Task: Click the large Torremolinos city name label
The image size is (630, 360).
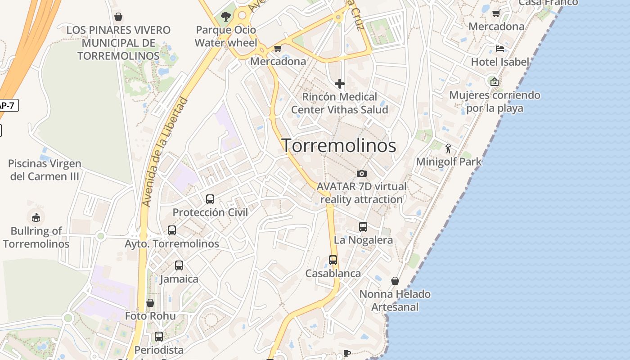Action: (x=338, y=145)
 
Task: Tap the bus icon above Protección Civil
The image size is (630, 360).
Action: (x=210, y=199)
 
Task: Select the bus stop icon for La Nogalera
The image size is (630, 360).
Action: (x=363, y=227)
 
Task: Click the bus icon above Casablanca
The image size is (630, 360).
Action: (x=333, y=260)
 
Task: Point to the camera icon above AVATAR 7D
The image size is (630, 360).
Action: (x=361, y=173)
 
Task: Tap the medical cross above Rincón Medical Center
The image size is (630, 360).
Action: (x=339, y=84)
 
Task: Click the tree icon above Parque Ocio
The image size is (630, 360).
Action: (x=225, y=17)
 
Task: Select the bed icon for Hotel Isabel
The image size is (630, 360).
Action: (x=499, y=48)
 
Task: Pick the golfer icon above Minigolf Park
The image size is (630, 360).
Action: (x=448, y=148)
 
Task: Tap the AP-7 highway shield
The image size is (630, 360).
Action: (x=8, y=105)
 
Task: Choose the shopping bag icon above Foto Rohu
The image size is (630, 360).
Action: (x=150, y=303)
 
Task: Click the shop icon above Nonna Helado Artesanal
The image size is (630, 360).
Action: (x=395, y=281)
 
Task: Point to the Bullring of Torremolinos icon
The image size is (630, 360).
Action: (x=36, y=218)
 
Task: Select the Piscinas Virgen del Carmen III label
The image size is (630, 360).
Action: (x=45, y=170)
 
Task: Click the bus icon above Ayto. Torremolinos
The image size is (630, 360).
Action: (x=171, y=230)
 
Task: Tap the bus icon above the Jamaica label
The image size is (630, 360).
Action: (x=179, y=265)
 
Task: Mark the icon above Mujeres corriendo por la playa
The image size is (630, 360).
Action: (x=494, y=82)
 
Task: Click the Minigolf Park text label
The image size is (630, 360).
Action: (x=449, y=162)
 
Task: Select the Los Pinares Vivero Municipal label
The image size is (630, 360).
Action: (x=118, y=43)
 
